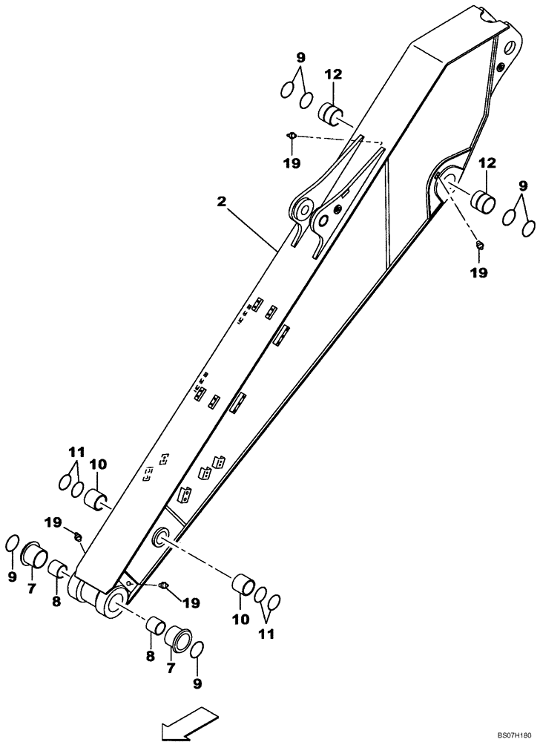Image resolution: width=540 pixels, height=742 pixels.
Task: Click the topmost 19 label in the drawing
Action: pos(293,163)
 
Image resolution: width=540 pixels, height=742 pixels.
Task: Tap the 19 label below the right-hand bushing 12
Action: pos(478,272)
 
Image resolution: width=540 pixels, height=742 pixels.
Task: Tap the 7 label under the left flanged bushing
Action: pos(30,589)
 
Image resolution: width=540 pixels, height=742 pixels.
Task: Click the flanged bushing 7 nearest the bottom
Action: pos(178,637)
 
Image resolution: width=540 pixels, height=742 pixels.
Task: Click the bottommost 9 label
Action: pos(197,682)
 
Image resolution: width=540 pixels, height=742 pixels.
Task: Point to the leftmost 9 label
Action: pos(11,576)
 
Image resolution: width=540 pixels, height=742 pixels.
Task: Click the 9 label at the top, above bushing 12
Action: pos(300,56)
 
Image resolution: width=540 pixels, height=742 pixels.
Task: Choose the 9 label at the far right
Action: pos(523,184)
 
